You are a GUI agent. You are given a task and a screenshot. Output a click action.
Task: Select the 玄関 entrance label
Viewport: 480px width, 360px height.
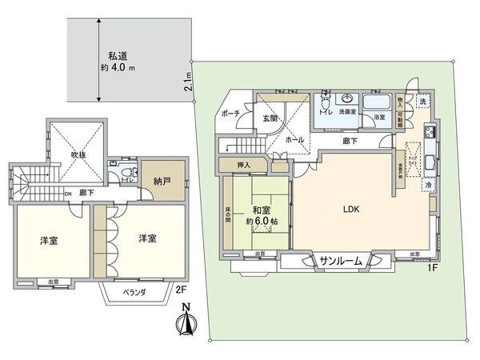coord(269,119)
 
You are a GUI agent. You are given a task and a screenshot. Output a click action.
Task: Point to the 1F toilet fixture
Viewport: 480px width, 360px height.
coord(325,104)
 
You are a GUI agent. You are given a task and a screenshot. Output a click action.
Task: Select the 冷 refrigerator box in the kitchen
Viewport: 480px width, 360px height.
coord(430,185)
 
